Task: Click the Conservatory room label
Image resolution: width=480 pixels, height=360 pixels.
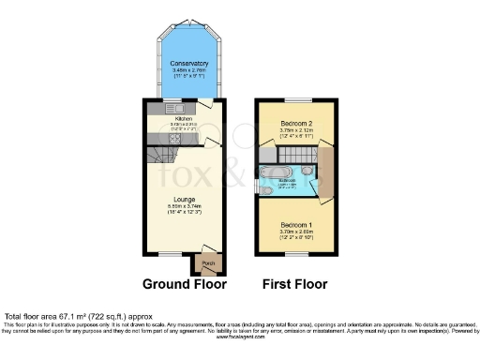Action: (183, 63)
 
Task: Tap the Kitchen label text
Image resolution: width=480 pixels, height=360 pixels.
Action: (184, 120)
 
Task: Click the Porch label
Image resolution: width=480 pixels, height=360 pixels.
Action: (208, 262)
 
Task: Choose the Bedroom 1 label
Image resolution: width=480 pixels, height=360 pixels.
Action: (295, 223)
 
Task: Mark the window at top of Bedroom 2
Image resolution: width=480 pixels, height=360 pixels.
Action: (296, 99)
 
